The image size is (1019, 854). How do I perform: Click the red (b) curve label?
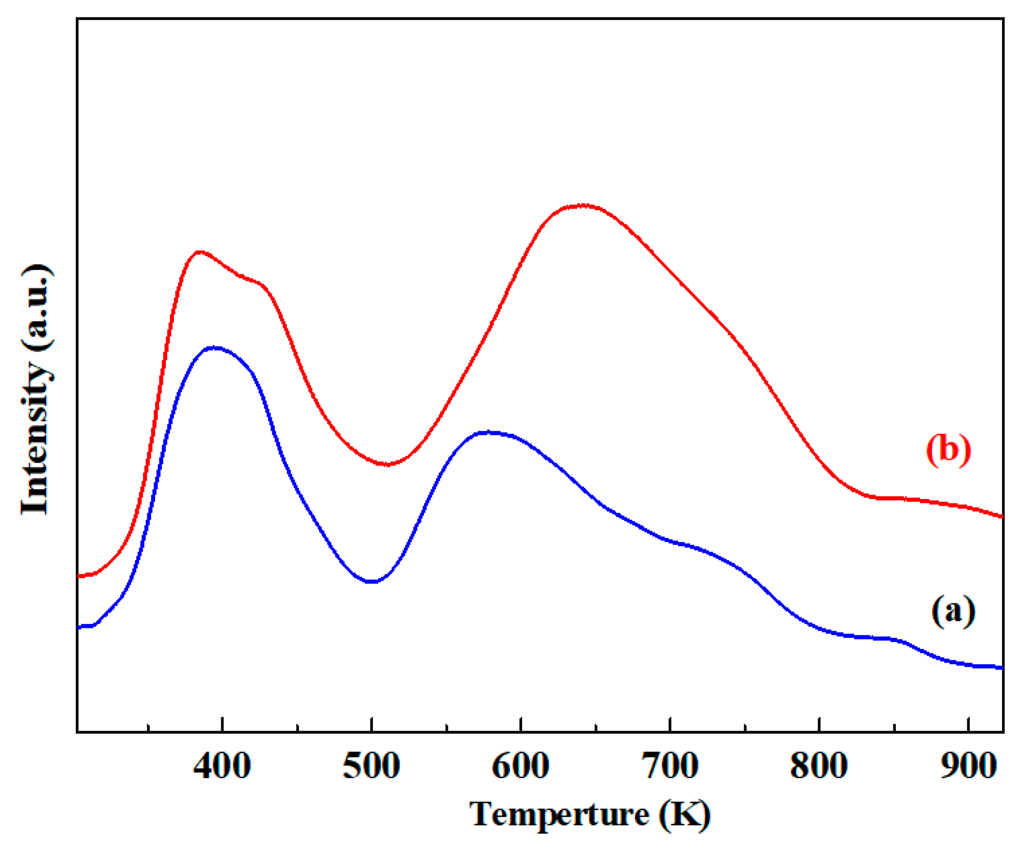948,450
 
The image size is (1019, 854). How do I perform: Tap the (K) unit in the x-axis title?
684,815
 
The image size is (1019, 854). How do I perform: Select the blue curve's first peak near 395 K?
213,347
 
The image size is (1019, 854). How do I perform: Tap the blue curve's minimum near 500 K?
372,581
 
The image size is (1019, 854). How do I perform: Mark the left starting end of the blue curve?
79,627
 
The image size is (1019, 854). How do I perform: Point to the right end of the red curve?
1002,517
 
